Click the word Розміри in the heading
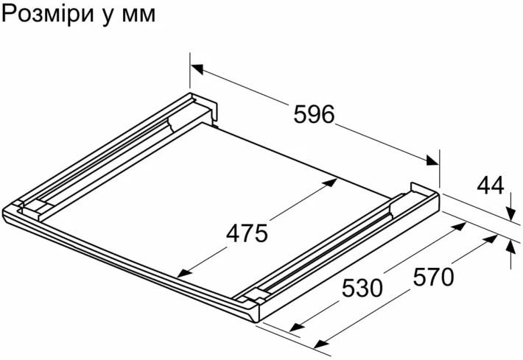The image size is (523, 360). pyautogui.click(x=46, y=15)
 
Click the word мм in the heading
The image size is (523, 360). pyautogui.click(x=138, y=16)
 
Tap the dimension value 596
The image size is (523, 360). pyautogui.click(x=314, y=114)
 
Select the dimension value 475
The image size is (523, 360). pyautogui.click(x=248, y=233)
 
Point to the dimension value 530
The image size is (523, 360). pyautogui.click(x=362, y=289)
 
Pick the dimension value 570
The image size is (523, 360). pyautogui.click(x=433, y=277)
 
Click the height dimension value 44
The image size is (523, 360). pyautogui.click(x=491, y=186)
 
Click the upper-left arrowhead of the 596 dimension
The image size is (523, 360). pyautogui.click(x=197, y=69)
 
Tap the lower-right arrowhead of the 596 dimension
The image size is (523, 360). pyautogui.click(x=432, y=160)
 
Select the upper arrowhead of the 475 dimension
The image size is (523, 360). pyautogui.click(x=331, y=183)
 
